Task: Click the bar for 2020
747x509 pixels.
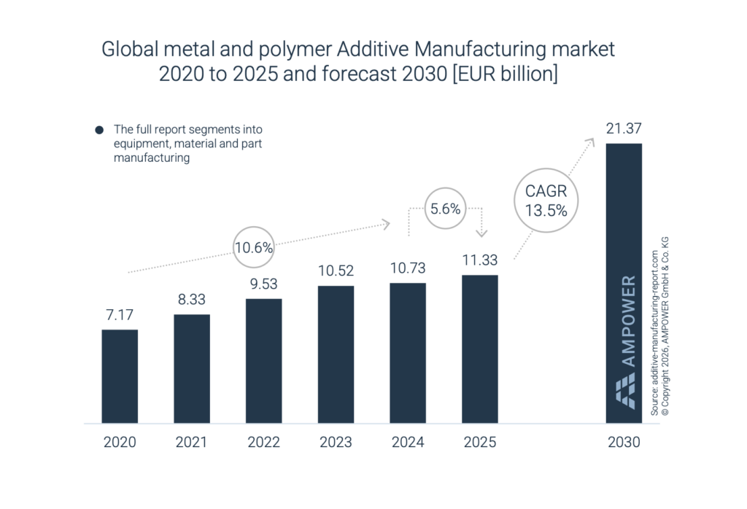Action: tap(120, 376)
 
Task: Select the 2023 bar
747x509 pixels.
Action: tap(336, 354)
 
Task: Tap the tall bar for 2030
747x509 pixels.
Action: tap(624, 283)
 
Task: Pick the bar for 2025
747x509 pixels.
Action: tap(480, 349)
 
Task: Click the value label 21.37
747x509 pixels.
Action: tap(624, 128)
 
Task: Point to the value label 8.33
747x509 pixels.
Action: tap(192, 299)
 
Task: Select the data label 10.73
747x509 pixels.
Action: tap(408, 268)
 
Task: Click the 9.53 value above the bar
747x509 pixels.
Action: tap(263, 284)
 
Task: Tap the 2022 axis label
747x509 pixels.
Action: tap(263, 442)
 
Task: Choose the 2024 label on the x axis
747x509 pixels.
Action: tap(408, 442)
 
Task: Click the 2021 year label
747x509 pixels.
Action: tap(192, 442)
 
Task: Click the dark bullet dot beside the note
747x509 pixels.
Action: tap(99, 130)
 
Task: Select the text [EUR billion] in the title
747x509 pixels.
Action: tap(505, 74)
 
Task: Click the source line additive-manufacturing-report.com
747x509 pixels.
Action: tap(654, 333)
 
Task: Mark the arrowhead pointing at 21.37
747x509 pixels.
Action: tap(591, 141)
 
